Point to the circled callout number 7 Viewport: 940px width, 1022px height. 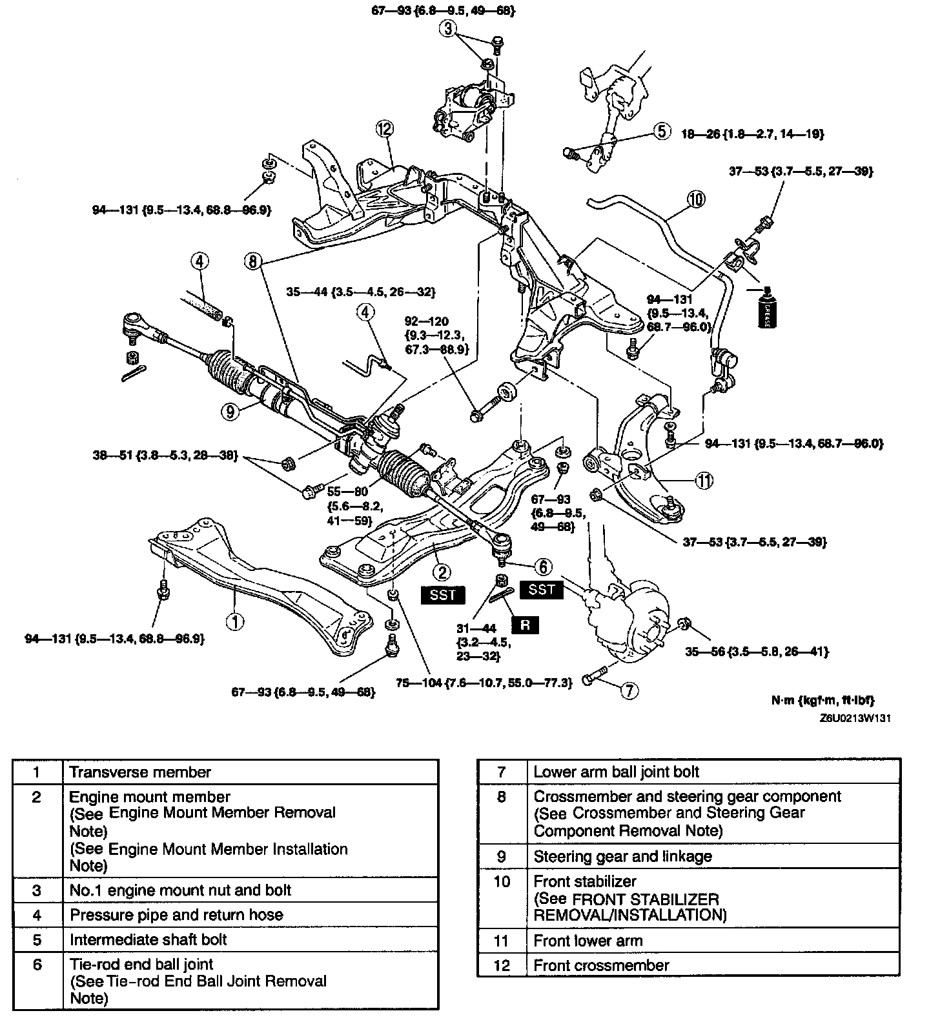pyautogui.click(x=629, y=691)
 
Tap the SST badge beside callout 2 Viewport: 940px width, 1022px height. pyautogui.click(x=443, y=594)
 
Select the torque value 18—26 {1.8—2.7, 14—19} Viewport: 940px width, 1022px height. pyautogui.click(x=753, y=134)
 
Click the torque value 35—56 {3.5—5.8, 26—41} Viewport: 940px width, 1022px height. pyautogui.click(x=757, y=652)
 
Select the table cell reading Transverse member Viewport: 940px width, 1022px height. pyautogui.click(x=140, y=772)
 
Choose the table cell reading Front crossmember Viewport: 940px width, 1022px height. pyautogui.click(x=601, y=965)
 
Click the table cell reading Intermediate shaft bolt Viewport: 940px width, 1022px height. pyautogui.click(x=148, y=939)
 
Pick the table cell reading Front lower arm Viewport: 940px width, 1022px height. pyautogui.click(x=588, y=941)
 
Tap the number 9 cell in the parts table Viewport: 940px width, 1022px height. pyautogui.click(x=502, y=856)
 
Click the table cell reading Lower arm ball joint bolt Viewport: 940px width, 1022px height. pyautogui.click(x=617, y=772)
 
